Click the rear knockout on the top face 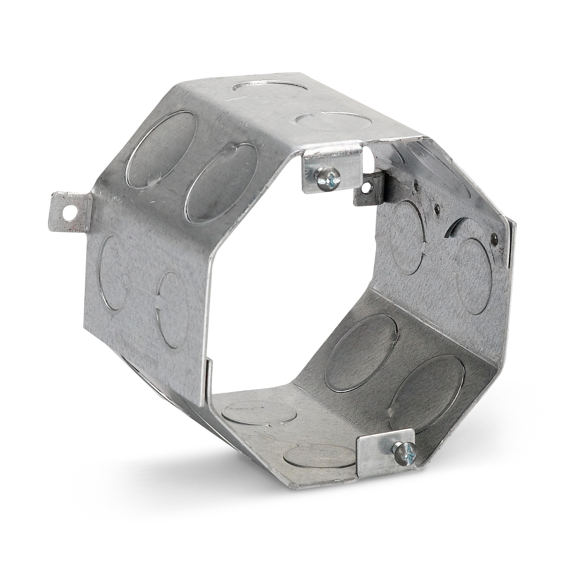(271, 86)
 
